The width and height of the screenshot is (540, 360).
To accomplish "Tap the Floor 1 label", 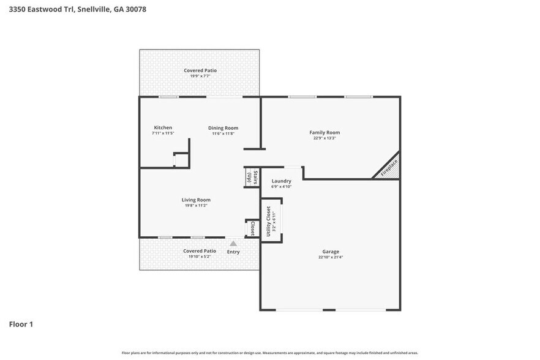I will pos(21,324).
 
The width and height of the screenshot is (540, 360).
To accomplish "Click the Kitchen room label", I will pos(163,127).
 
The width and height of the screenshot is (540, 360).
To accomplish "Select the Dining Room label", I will pos(223,127).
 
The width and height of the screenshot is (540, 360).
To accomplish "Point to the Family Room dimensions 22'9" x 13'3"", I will pos(324,138).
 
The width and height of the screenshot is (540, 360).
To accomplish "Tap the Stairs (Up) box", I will pos(251,178).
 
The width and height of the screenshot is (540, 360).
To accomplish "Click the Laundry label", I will pos(281,181).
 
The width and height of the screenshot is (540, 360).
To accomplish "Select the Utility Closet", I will pos(271,220).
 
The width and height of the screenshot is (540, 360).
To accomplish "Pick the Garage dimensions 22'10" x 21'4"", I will pos(331,257).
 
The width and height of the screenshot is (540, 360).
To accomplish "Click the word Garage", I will pos(331,252).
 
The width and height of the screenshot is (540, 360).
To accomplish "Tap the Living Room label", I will pos(196,200).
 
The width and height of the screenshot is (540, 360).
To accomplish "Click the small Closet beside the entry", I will pos(252,228).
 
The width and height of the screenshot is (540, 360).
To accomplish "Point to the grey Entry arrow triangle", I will pos(233,244).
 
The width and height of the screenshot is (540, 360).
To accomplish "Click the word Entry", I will pos(233,252).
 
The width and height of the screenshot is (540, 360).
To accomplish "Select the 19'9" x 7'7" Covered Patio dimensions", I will pos(200,77).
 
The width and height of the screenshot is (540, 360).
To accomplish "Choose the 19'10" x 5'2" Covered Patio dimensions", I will pos(200,257).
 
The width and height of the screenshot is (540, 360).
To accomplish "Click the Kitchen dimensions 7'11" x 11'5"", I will pos(163,133).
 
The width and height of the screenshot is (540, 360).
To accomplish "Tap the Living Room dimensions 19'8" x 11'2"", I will pos(196,206).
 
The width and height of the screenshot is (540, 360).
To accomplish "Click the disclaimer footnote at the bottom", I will pos(270,353).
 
